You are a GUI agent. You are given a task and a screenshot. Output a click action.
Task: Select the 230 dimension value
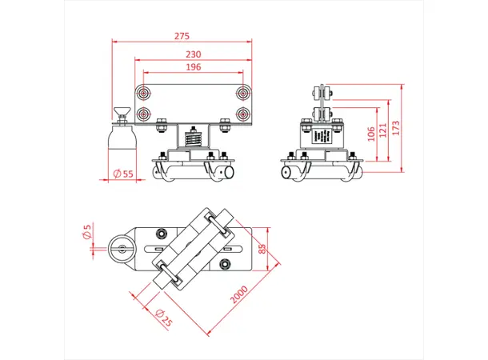coord(194,54)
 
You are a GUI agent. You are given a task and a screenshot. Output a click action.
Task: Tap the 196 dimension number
coord(194,67)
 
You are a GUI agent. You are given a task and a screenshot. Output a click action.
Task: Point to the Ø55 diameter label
coord(123,174)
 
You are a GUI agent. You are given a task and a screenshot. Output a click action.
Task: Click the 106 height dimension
coord(370,133)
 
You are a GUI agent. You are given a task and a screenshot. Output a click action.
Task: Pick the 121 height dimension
coord(386,128)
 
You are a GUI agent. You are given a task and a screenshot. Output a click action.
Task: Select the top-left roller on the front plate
coord(144,94)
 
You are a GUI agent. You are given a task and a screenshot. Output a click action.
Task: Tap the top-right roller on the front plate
coord(242,94)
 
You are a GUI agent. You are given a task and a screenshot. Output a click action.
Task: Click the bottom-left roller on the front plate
coord(144,114)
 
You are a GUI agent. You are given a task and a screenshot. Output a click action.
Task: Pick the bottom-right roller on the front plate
coord(242,114)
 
